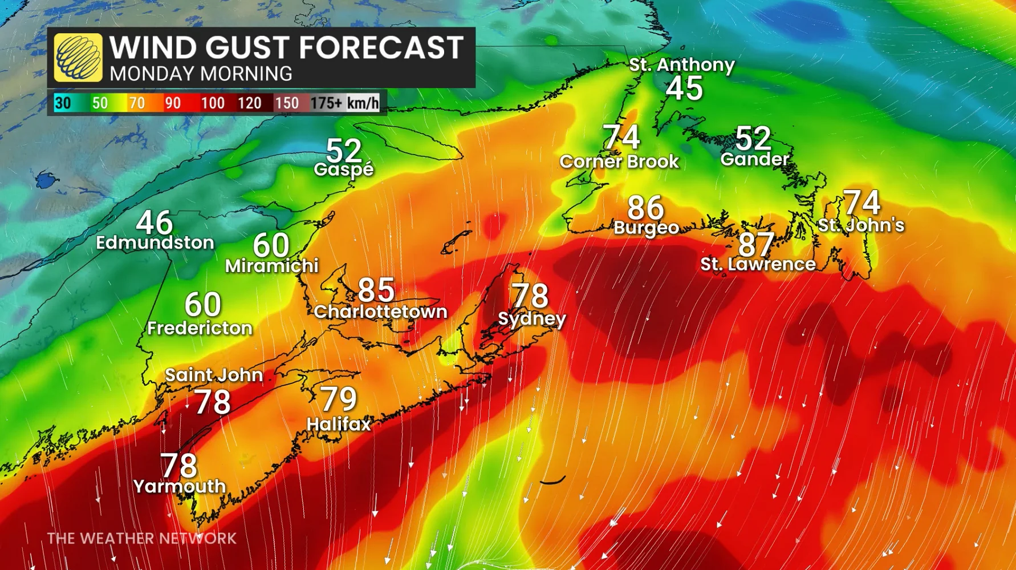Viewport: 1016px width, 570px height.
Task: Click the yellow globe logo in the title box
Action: (78, 57)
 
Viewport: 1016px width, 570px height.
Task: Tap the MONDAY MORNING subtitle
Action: (201, 74)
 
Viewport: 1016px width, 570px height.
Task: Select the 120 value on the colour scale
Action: (249, 103)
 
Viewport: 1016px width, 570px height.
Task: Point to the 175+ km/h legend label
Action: (344, 103)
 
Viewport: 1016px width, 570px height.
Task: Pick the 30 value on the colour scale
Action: (63, 103)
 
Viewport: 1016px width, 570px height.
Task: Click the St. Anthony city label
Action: (681, 65)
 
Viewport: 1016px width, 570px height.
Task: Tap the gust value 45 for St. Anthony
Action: (684, 89)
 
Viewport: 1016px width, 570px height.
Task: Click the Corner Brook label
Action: (619, 162)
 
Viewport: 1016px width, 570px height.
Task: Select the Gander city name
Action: (755, 159)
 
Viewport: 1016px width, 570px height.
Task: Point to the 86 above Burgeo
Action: (645, 208)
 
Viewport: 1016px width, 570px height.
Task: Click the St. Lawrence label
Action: (758, 264)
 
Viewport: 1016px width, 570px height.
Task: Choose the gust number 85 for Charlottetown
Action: (376, 290)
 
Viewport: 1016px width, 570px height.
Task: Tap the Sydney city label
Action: (531, 318)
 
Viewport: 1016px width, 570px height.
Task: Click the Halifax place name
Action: (339, 424)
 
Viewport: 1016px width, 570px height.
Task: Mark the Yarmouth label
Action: (180, 486)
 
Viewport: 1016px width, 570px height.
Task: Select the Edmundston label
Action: (155, 242)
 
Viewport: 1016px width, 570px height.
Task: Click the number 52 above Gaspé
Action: (344, 151)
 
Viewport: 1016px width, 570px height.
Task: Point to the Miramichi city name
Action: (271, 266)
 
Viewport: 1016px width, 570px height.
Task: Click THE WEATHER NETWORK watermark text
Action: (141, 538)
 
